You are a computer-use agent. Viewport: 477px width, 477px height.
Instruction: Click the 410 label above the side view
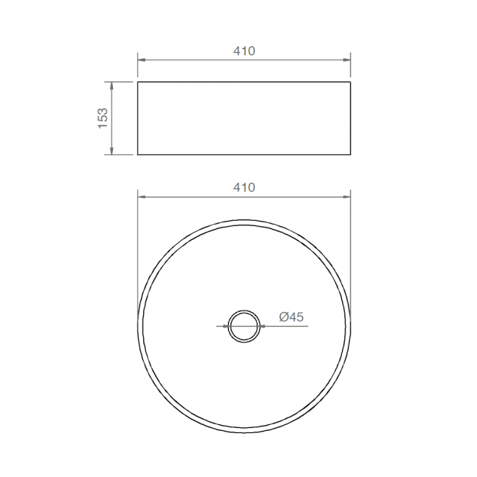(x=244, y=51)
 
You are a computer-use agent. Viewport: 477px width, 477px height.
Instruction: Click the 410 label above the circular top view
(x=244, y=187)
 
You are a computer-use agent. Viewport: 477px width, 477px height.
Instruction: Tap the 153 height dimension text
(x=103, y=118)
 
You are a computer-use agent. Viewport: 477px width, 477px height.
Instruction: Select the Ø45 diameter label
(x=291, y=317)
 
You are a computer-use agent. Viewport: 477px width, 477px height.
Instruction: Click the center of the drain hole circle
(x=244, y=327)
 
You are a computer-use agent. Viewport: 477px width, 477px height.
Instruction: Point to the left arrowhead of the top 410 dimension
(x=141, y=59)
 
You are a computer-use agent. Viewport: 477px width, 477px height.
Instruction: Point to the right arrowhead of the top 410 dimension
(x=347, y=59)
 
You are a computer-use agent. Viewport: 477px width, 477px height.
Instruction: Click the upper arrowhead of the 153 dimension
(x=112, y=85)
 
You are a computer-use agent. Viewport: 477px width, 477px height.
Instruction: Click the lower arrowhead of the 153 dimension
(x=112, y=151)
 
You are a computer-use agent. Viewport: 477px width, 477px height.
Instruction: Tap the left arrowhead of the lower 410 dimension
(x=141, y=197)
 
